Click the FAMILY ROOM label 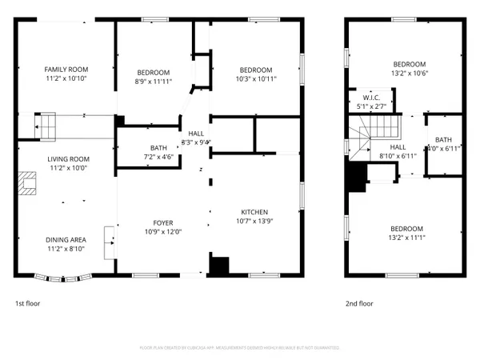click(x=66, y=70)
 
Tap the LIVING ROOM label click(x=67, y=159)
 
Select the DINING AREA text click(x=66, y=239)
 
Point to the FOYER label click(x=163, y=223)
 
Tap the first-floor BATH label click(x=158, y=148)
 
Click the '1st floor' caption click(x=27, y=304)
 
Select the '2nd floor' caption click(x=359, y=304)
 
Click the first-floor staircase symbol click(x=47, y=126)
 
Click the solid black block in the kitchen click(x=218, y=266)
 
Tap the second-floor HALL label click(x=398, y=148)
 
